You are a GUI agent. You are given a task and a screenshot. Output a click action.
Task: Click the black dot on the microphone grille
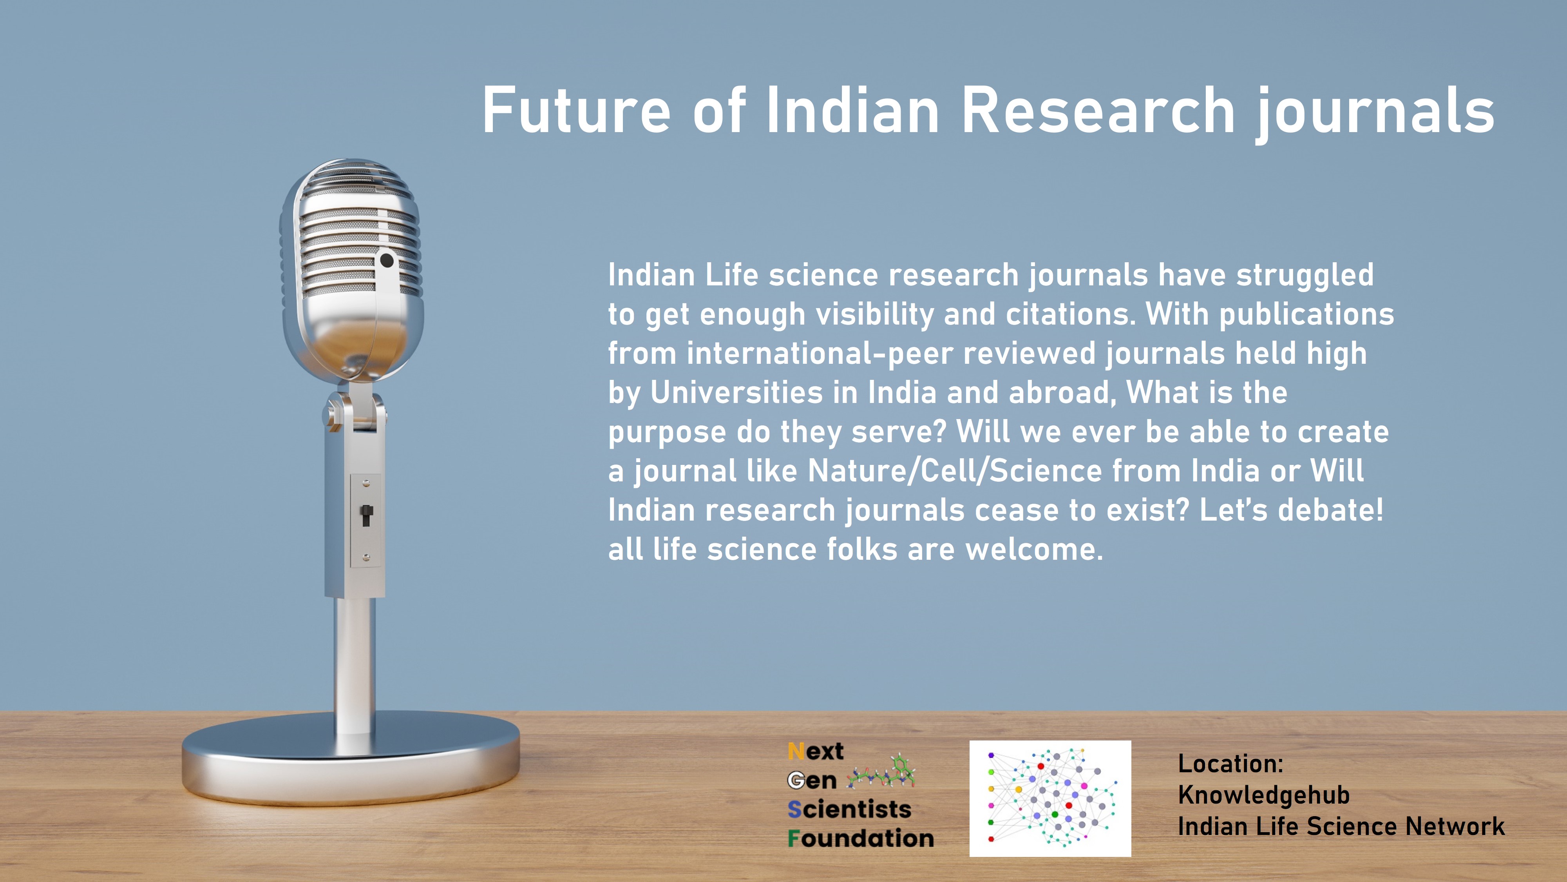(386, 261)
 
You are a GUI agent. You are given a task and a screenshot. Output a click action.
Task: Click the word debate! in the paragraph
(1330, 510)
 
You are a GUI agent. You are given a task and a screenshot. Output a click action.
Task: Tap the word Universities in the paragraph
(736, 393)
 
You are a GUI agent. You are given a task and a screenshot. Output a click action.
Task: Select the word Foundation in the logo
(860, 839)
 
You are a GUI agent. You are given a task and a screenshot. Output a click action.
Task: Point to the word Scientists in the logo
(849, 809)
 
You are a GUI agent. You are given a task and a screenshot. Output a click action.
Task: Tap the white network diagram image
(1050, 799)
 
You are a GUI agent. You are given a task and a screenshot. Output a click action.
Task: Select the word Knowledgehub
(1263, 795)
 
